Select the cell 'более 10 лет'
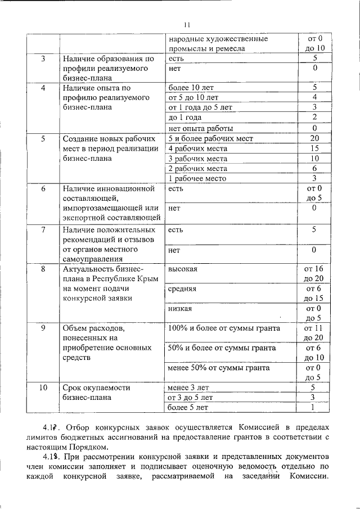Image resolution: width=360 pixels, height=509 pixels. (191, 88)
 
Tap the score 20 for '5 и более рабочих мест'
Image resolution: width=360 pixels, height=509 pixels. (314, 138)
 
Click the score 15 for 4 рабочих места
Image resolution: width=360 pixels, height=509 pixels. (314, 148)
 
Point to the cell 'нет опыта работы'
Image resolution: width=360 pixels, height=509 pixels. (200, 128)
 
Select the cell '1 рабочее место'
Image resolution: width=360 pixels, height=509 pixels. (197, 178)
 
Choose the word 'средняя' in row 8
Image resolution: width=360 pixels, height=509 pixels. (182, 289)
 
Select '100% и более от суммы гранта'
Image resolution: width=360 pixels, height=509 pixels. (224, 328)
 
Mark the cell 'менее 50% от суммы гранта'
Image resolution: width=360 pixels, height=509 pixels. (219, 368)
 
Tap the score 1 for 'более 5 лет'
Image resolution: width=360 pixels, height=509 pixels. (314, 407)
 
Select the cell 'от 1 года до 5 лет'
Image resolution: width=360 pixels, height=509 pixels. (200, 107)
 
